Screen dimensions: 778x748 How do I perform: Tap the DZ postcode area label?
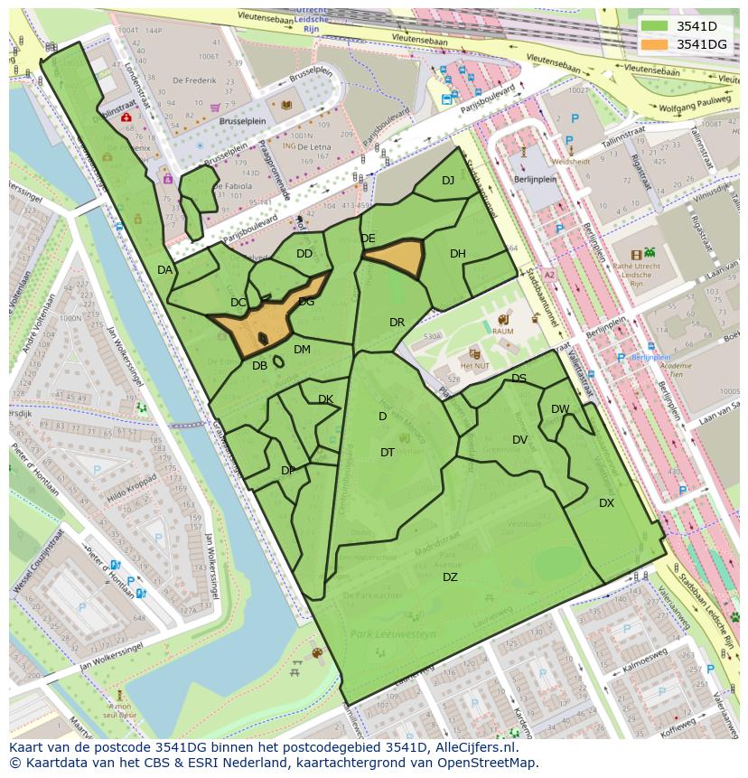[x=449, y=577]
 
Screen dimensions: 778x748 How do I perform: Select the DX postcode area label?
[x=606, y=503]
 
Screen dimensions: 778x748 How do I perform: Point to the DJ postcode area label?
[x=448, y=181]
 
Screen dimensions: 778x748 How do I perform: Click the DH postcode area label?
[x=457, y=254]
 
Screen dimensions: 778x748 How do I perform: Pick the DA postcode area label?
[x=164, y=270]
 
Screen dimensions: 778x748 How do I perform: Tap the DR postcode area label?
[x=397, y=323]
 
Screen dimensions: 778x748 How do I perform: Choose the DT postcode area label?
[x=387, y=453]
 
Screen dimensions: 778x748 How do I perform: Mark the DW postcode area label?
[x=560, y=409]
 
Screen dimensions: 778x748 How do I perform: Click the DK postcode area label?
[x=325, y=399]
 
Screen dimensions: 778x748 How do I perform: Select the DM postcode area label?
[x=302, y=350]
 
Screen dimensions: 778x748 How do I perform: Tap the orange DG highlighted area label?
[x=306, y=302]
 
